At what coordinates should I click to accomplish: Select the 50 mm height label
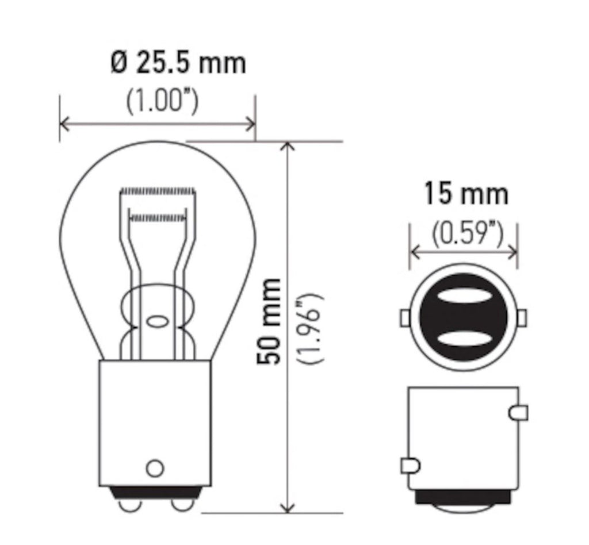point(269,321)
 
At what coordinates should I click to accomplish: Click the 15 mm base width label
point(466,194)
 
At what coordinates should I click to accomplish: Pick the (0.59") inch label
point(467,234)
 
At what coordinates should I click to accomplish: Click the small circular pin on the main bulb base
point(155,469)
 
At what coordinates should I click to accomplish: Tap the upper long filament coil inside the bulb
point(158,191)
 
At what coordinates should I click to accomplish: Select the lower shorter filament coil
point(158,218)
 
